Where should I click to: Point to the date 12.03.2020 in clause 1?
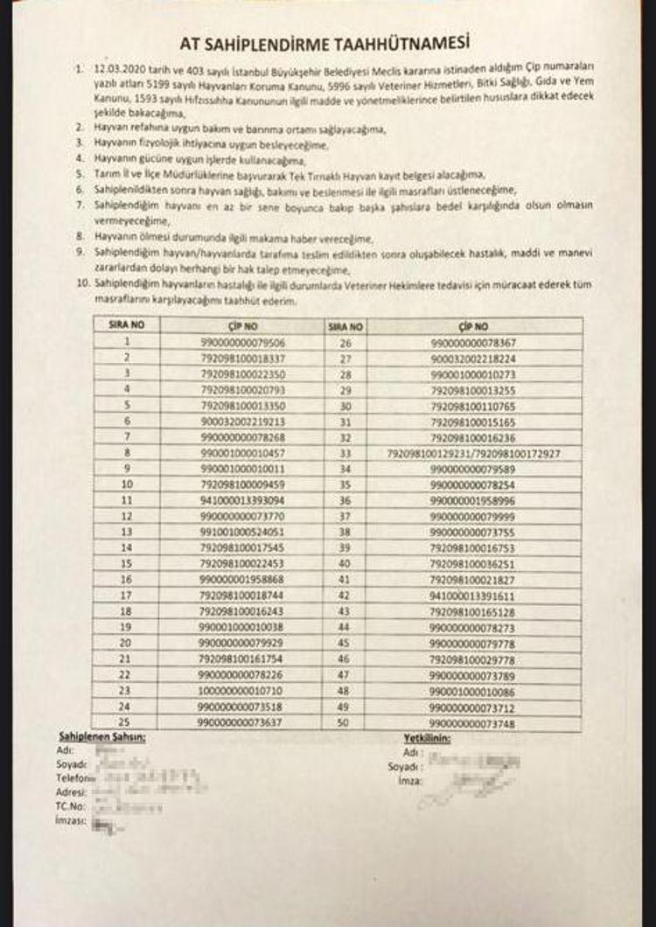pyautogui.click(x=122, y=66)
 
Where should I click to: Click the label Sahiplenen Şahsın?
pyautogui.click(x=101, y=738)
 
